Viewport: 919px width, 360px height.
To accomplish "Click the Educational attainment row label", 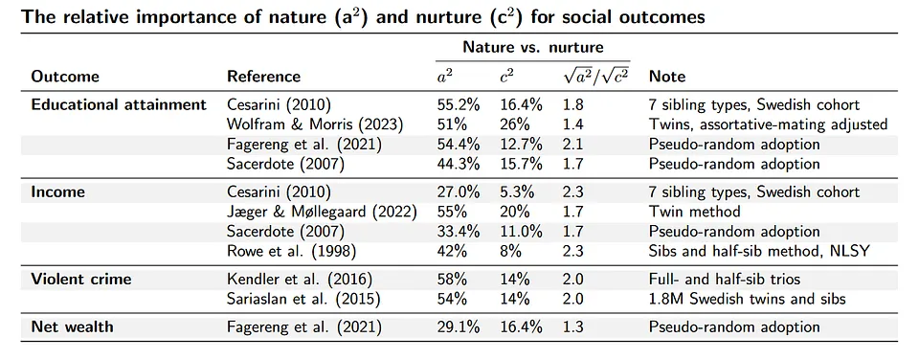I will click(x=119, y=104).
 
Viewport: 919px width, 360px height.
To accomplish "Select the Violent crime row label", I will click(x=81, y=279).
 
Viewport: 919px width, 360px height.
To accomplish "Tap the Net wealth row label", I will click(x=72, y=327).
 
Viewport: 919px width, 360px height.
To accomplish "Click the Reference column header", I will click(x=263, y=76).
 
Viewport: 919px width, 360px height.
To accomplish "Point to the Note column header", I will click(x=667, y=76).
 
